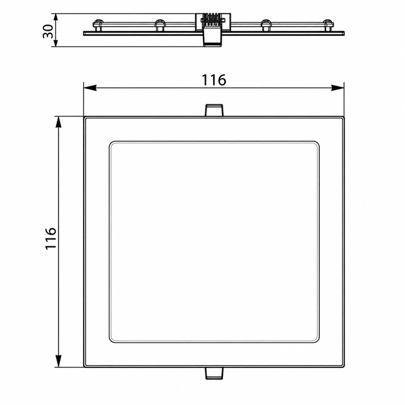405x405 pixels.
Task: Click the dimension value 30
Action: click(48, 31)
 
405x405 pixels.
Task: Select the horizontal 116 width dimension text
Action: click(214, 80)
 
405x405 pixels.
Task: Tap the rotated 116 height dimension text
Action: click(51, 239)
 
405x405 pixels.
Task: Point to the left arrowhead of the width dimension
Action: click(90, 88)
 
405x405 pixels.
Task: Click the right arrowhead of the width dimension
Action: click(337, 88)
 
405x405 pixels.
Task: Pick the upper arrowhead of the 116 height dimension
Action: click(58, 123)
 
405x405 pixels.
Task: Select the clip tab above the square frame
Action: click(214, 110)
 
